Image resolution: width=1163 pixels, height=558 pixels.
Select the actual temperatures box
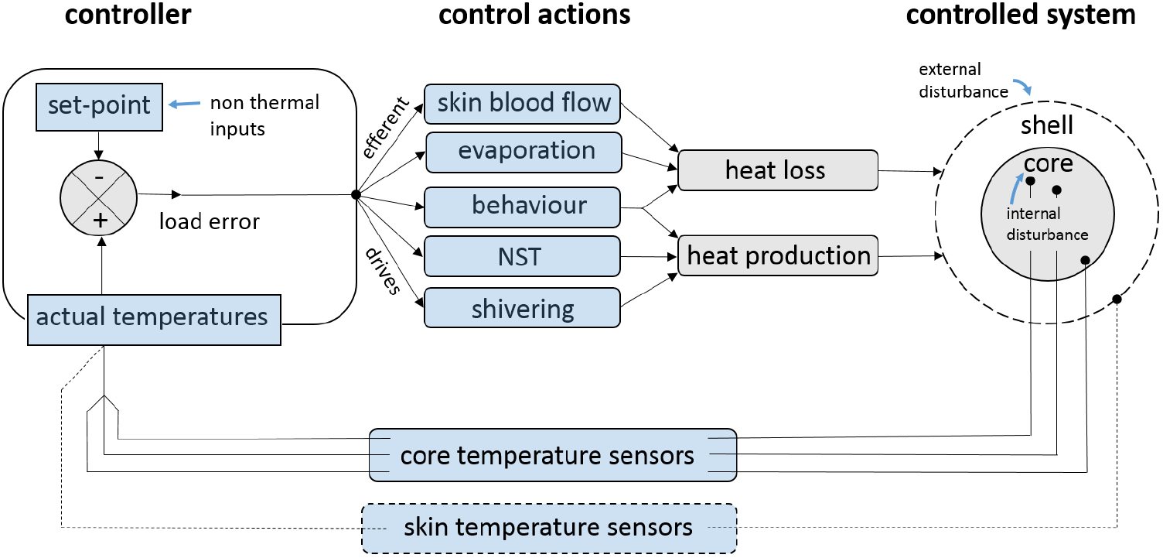(153, 317)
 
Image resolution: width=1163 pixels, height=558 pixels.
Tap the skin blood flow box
(523, 103)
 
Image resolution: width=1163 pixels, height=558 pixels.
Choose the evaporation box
(524, 151)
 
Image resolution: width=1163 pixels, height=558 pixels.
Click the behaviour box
(523, 207)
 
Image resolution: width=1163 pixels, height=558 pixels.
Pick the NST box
(523, 256)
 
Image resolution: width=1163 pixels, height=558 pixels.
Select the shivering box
(523, 309)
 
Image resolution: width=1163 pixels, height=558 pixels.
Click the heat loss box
(777, 170)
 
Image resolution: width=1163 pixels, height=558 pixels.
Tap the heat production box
(779, 255)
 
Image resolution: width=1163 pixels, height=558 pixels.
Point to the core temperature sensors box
(552, 455)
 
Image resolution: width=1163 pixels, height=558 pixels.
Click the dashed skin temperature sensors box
(549, 529)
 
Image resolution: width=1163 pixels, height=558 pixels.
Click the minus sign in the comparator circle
(99, 176)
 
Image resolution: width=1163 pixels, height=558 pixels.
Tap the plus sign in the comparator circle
(99, 221)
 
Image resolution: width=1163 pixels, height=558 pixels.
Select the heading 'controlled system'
(1021, 15)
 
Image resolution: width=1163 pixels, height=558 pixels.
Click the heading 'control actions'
(534, 15)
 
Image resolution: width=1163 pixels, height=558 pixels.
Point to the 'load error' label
(209, 222)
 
